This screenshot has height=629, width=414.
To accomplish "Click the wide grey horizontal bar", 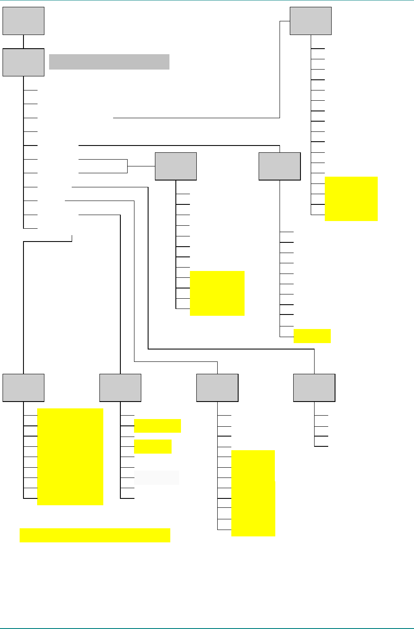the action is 109,61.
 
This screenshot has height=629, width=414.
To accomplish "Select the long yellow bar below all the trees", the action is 95,535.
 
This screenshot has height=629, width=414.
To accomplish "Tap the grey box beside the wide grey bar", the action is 23,62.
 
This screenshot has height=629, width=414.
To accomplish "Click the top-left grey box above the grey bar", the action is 23,20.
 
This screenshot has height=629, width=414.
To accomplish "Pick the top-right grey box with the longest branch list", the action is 310,20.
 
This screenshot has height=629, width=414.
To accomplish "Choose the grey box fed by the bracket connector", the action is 175,166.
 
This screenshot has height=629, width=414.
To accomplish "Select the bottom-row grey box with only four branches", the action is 314,387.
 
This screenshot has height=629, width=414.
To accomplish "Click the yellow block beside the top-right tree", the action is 351,198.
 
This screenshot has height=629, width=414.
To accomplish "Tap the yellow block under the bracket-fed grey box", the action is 217,293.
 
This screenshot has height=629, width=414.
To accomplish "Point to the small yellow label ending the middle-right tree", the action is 312,336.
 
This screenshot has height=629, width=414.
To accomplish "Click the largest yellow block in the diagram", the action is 70,457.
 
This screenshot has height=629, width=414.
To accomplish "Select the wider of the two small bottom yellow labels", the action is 157,425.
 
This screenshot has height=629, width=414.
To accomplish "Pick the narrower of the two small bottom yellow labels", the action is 152,446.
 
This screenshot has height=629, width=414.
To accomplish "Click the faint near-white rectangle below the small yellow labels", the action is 156,478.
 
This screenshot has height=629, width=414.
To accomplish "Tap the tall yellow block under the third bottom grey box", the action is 253,493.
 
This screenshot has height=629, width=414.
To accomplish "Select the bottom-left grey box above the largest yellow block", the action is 23,387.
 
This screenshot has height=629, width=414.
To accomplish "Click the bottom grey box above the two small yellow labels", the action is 120,387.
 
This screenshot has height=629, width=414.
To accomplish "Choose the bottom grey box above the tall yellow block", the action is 217,387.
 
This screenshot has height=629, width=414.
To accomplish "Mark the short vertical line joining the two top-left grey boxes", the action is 23,41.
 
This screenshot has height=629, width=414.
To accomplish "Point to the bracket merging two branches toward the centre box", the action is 127,166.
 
